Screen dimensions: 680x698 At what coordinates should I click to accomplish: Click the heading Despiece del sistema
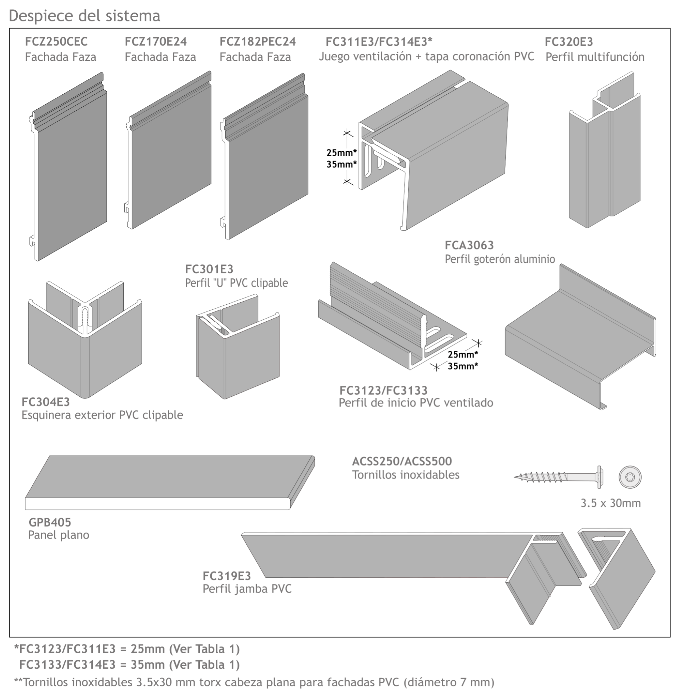coord(84,16)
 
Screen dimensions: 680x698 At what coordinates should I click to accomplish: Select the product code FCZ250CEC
coord(56,42)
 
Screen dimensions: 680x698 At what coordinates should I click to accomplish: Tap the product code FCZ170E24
coord(156,42)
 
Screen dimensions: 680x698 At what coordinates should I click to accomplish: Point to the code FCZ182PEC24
coord(258,42)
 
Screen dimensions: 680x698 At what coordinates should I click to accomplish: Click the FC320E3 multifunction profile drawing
coord(604,150)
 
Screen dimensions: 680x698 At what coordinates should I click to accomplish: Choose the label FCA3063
coord(469,245)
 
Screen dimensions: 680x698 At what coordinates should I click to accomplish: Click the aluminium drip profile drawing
coord(580,337)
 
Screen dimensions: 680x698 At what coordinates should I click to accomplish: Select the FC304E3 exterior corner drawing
coord(85,340)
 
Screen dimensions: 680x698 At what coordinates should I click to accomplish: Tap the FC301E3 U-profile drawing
coord(238,346)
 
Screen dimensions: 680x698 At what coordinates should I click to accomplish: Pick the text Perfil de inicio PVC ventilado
coord(416,403)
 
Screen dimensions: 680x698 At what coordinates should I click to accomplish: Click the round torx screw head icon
coord(630,477)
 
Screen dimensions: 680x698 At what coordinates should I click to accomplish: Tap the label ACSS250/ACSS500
coord(402,461)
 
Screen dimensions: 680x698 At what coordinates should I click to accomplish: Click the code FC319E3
coord(227,576)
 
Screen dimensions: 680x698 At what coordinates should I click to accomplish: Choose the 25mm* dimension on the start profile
coord(463,354)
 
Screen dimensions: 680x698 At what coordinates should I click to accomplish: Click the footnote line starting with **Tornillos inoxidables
coord(254,682)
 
